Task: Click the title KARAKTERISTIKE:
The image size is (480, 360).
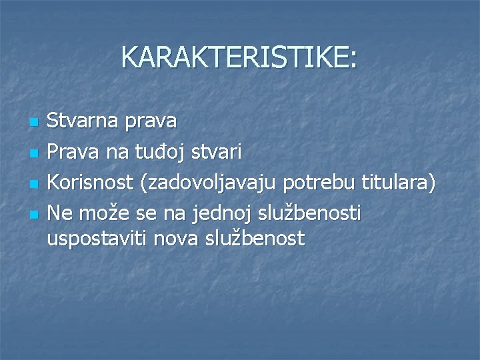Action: pyautogui.click(x=239, y=58)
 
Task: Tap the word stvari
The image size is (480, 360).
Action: pyautogui.click(x=217, y=153)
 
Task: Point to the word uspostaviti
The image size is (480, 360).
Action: pyautogui.click(x=97, y=237)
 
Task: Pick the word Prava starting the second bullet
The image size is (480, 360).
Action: pyautogui.click(x=70, y=153)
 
